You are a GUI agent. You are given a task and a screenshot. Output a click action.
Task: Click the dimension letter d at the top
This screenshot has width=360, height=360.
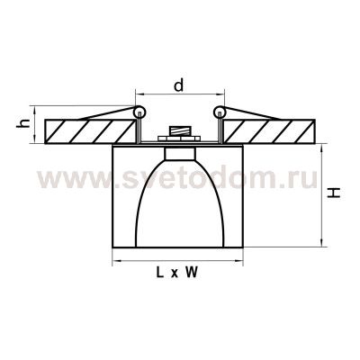click(x=179, y=87)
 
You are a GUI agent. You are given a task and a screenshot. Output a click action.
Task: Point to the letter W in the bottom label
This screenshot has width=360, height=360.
click(x=192, y=275)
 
